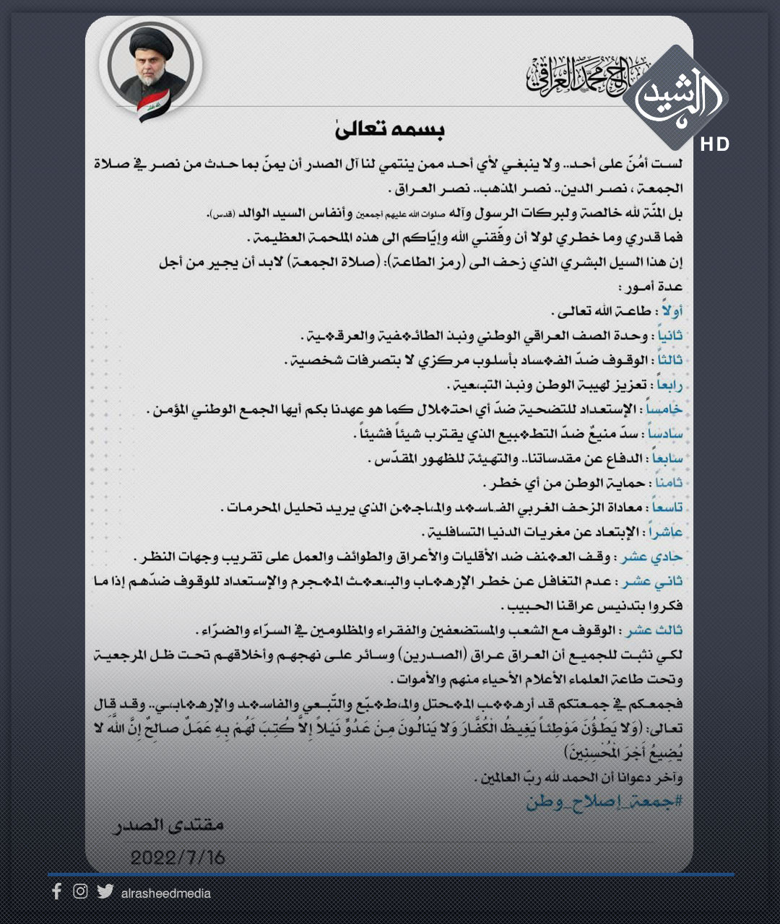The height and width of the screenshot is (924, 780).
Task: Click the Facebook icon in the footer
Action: pos(57,892)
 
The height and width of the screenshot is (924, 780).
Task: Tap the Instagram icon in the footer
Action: pos(80,892)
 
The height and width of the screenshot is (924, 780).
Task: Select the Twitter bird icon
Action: pos(105,892)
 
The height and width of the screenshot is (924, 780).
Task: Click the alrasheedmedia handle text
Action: pos(166,894)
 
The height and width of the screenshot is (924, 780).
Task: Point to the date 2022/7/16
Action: pos(178,858)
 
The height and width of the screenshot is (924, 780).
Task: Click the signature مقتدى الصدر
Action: pos(169,824)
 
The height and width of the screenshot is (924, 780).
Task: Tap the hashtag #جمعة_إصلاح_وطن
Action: pos(604,801)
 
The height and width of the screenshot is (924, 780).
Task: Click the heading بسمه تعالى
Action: pos(390,129)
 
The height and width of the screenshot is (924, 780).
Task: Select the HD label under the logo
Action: pos(714,144)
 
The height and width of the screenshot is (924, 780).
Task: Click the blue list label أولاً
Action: pos(671,311)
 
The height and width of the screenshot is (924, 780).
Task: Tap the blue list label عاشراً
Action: pos(665,532)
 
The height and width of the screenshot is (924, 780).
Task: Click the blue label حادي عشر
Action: pos(651,557)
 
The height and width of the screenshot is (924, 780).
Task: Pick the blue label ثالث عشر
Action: pos(654,630)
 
